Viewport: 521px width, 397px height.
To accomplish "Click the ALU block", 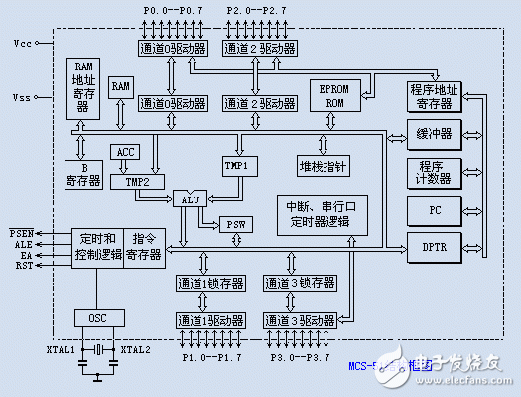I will click(190, 199).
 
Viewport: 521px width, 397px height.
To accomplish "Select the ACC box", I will click(126, 152).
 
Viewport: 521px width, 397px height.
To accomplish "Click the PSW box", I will click(234, 224).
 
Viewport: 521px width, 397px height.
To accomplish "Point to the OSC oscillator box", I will click(96, 318).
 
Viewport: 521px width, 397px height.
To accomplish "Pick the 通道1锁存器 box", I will click(210, 283).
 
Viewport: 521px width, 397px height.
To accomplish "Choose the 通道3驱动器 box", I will click(299, 320).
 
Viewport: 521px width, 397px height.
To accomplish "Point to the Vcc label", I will click(22, 44).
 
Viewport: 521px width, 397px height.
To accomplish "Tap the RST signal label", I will click(22, 266).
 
